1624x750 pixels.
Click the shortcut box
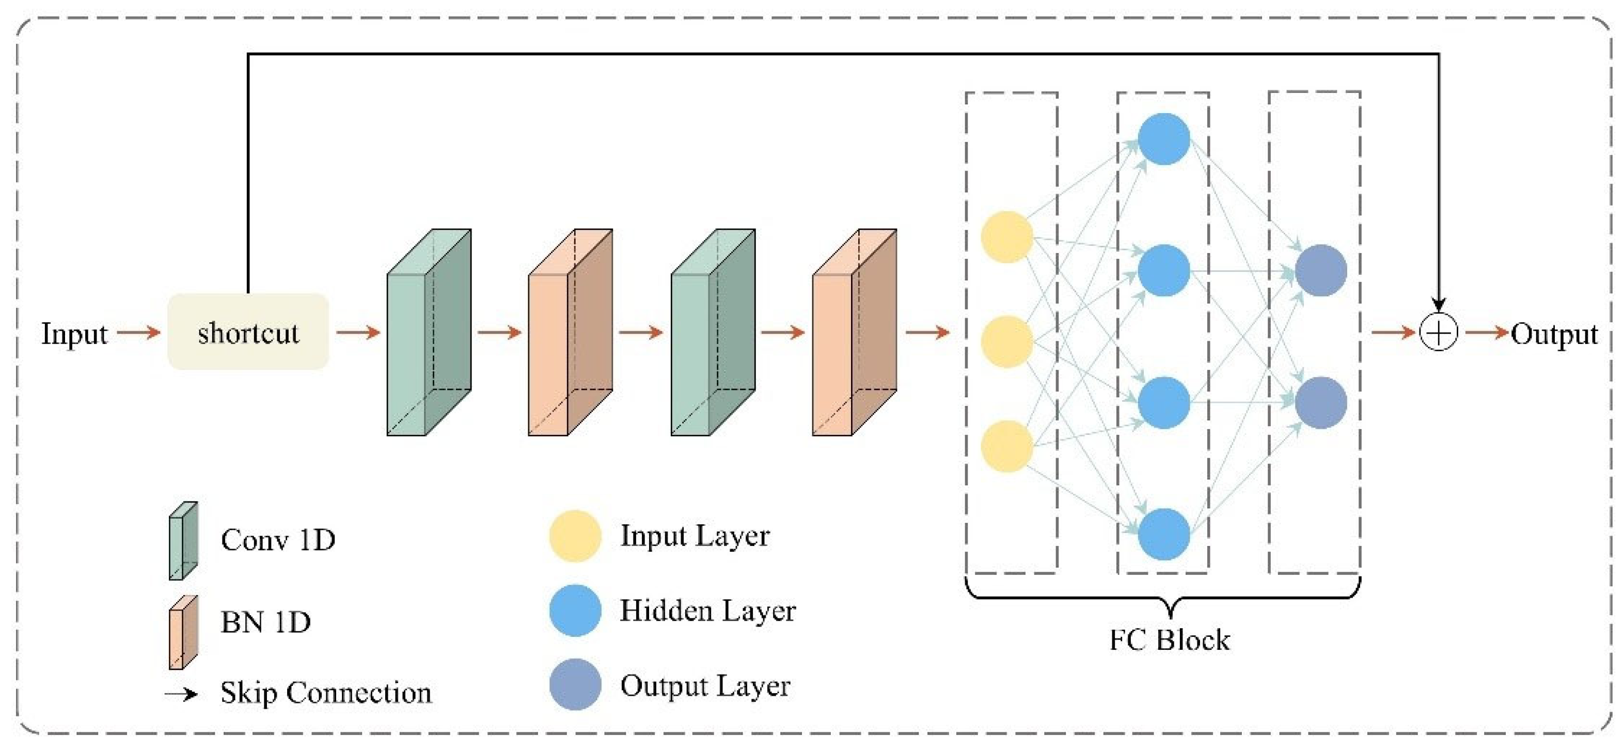[x=248, y=331]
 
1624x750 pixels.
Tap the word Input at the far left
[x=74, y=334]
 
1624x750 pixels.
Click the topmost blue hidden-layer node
[x=1164, y=139]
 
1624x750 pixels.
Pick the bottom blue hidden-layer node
[x=1164, y=534]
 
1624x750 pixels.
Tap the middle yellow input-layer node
[x=1007, y=342]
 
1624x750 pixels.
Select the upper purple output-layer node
[x=1321, y=271]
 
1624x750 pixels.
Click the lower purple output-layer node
[x=1321, y=402]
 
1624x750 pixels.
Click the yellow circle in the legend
[x=574, y=536]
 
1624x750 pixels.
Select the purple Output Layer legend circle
[x=574, y=685]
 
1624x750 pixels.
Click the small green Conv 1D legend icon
[x=183, y=541]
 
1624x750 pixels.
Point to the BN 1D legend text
[x=265, y=622]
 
